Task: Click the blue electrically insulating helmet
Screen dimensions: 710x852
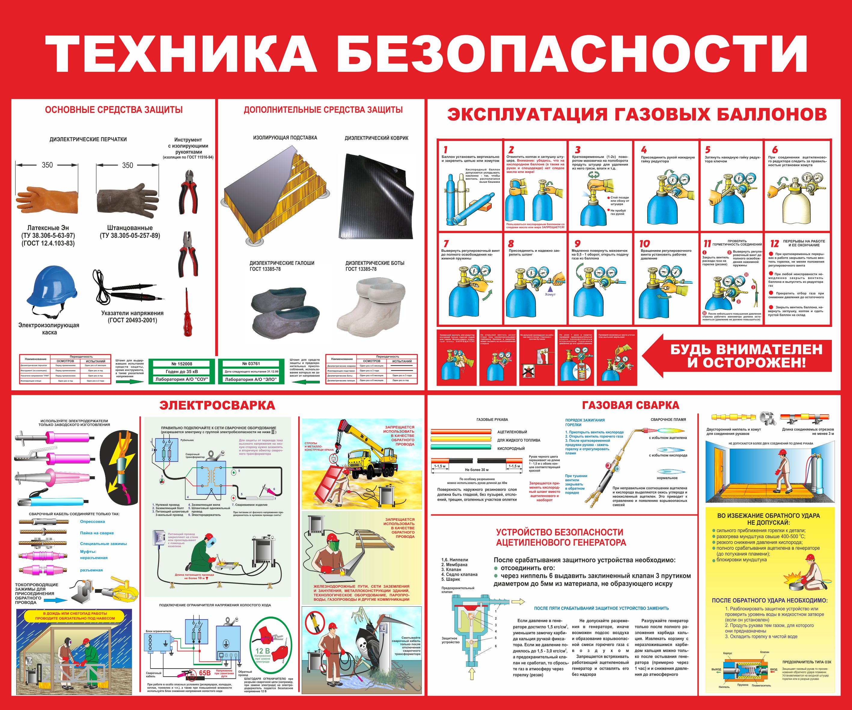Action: point(51,286)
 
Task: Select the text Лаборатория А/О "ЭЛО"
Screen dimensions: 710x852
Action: point(250,379)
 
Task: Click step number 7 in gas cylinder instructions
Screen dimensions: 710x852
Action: point(446,243)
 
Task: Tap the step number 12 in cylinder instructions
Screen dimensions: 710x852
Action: point(774,243)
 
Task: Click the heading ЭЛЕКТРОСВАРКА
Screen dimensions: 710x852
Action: point(217,405)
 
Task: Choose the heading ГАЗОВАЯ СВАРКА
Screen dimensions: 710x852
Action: point(630,405)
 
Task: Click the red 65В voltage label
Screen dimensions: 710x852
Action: point(204,673)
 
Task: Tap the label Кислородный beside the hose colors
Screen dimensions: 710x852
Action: point(511,448)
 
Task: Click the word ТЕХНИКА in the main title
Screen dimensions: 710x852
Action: point(181,54)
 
